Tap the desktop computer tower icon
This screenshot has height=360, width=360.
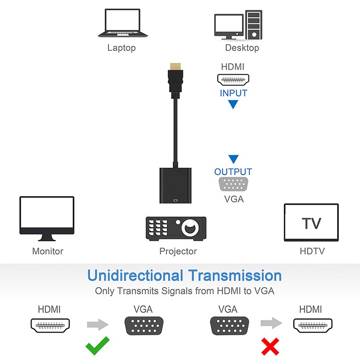[x=254, y=25]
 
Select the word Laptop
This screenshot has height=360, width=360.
[x=121, y=48]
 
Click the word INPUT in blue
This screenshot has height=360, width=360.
[x=234, y=93]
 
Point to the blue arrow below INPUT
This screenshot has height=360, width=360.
[x=233, y=105]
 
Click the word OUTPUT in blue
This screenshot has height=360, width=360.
[x=233, y=172]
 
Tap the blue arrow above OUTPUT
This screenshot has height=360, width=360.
[x=233, y=159]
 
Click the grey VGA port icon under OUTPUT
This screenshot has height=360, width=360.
[x=234, y=185]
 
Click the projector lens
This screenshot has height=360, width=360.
[x=189, y=227]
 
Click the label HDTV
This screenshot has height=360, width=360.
[x=312, y=251]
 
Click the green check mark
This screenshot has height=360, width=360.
[x=98, y=346]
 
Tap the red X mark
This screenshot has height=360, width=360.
[x=270, y=346]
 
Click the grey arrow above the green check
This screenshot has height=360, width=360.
[x=98, y=324]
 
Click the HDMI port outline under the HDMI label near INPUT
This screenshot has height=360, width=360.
[x=233, y=80]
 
